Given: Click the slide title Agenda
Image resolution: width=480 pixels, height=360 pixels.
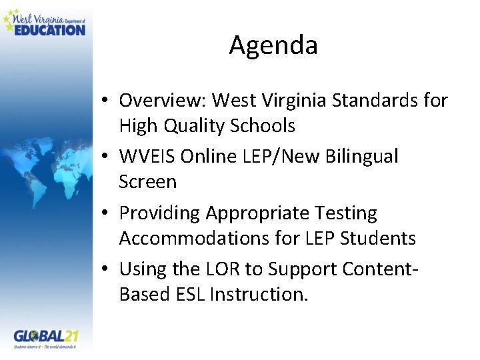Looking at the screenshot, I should tap(273, 45).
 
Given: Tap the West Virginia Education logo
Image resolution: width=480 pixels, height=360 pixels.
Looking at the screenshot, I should tap(45, 22).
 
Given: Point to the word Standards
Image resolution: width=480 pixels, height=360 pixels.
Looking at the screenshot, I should tap(372, 101).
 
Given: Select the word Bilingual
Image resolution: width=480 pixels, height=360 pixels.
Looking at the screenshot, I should tap(361, 157).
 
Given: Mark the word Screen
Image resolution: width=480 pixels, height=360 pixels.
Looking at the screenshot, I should tap(148, 181).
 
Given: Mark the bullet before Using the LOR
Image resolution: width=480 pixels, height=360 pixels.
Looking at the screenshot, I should tap(107, 270).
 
